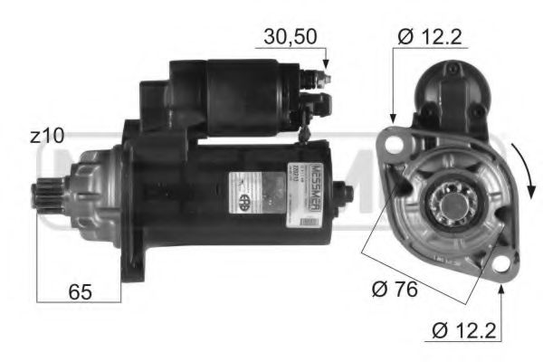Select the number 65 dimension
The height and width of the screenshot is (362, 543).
(x=79, y=292)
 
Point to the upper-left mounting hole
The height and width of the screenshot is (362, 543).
(x=393, y=141)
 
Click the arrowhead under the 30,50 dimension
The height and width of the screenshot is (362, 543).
(x=326, y=66)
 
